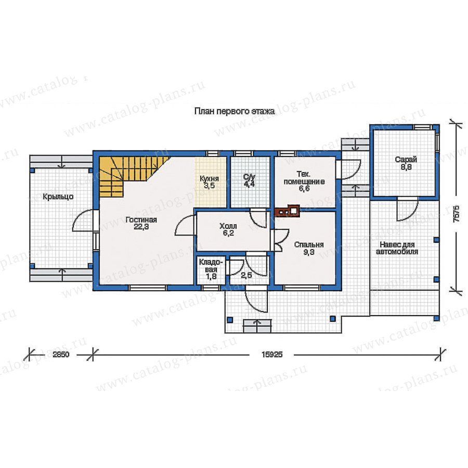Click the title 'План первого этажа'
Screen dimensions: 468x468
point(235,112)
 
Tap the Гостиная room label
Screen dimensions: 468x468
point(141,223)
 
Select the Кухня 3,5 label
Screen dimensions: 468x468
point(209,182)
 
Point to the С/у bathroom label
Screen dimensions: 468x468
point(250,180)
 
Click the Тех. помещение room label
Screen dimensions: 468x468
point(304,181)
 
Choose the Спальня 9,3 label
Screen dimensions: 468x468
point(309,248)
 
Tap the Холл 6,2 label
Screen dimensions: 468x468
point(228,229)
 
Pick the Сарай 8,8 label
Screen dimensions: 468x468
point(406,163)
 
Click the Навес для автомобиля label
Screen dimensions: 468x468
point(397,248)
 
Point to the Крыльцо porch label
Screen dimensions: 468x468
point(58,197)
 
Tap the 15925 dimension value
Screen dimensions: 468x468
point(272,355)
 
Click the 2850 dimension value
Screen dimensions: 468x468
point(61,355)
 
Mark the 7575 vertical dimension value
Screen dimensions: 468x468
point(456,213)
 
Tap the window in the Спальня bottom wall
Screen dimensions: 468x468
point(302,288)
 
